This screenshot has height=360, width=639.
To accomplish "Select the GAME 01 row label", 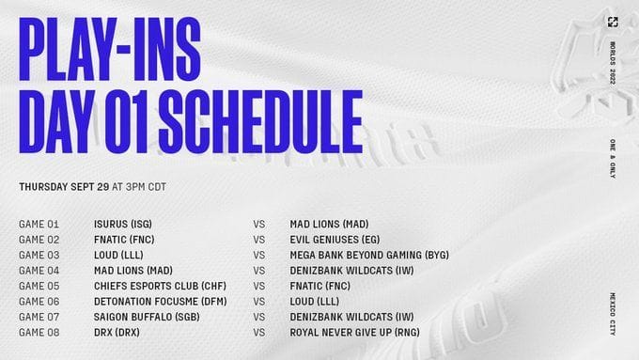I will tap(39, 225).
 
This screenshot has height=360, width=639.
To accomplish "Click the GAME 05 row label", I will tap(39, 285).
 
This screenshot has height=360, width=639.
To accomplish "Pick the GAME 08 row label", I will tap(39, 332).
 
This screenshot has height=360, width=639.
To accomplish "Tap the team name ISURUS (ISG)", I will tap(125, 225).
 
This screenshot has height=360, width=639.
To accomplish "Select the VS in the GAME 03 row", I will tap(259, 255).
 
